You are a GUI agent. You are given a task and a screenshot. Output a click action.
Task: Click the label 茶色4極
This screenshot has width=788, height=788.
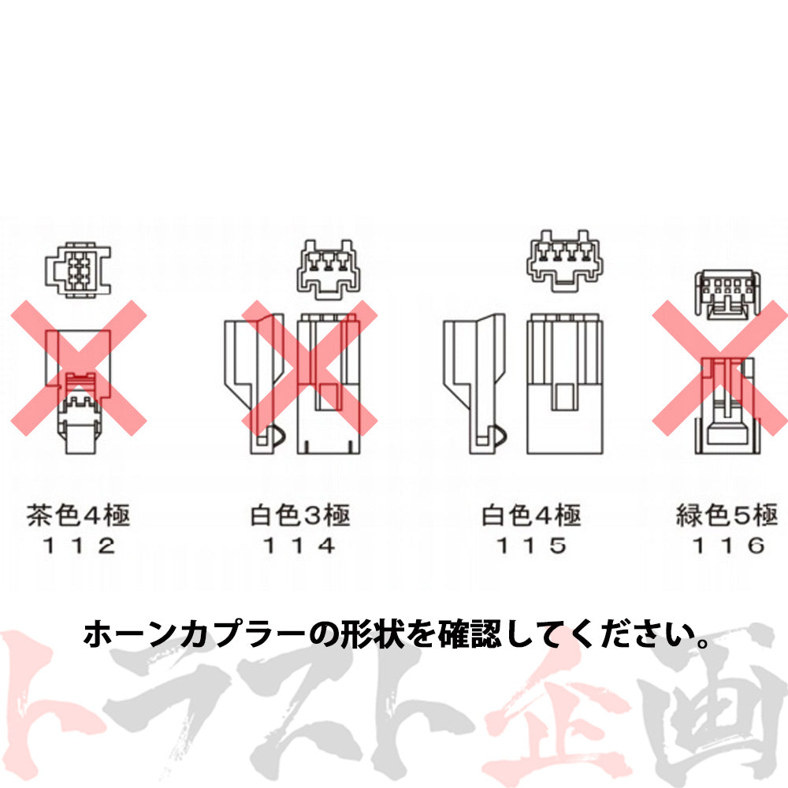coord(78,516)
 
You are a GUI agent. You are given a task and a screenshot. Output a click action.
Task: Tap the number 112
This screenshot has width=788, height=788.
coord(78,545)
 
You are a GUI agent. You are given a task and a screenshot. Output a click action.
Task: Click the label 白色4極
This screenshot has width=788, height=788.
coord(531,516)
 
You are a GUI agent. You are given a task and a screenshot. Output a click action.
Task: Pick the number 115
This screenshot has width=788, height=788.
coord(531,545)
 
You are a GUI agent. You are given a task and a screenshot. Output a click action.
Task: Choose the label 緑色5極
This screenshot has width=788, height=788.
coord(727,516)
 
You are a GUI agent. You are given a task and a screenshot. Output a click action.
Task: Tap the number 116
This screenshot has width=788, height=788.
coord(727,545)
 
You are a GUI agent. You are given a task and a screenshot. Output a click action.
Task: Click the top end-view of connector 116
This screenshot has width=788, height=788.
coord(728,295)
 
